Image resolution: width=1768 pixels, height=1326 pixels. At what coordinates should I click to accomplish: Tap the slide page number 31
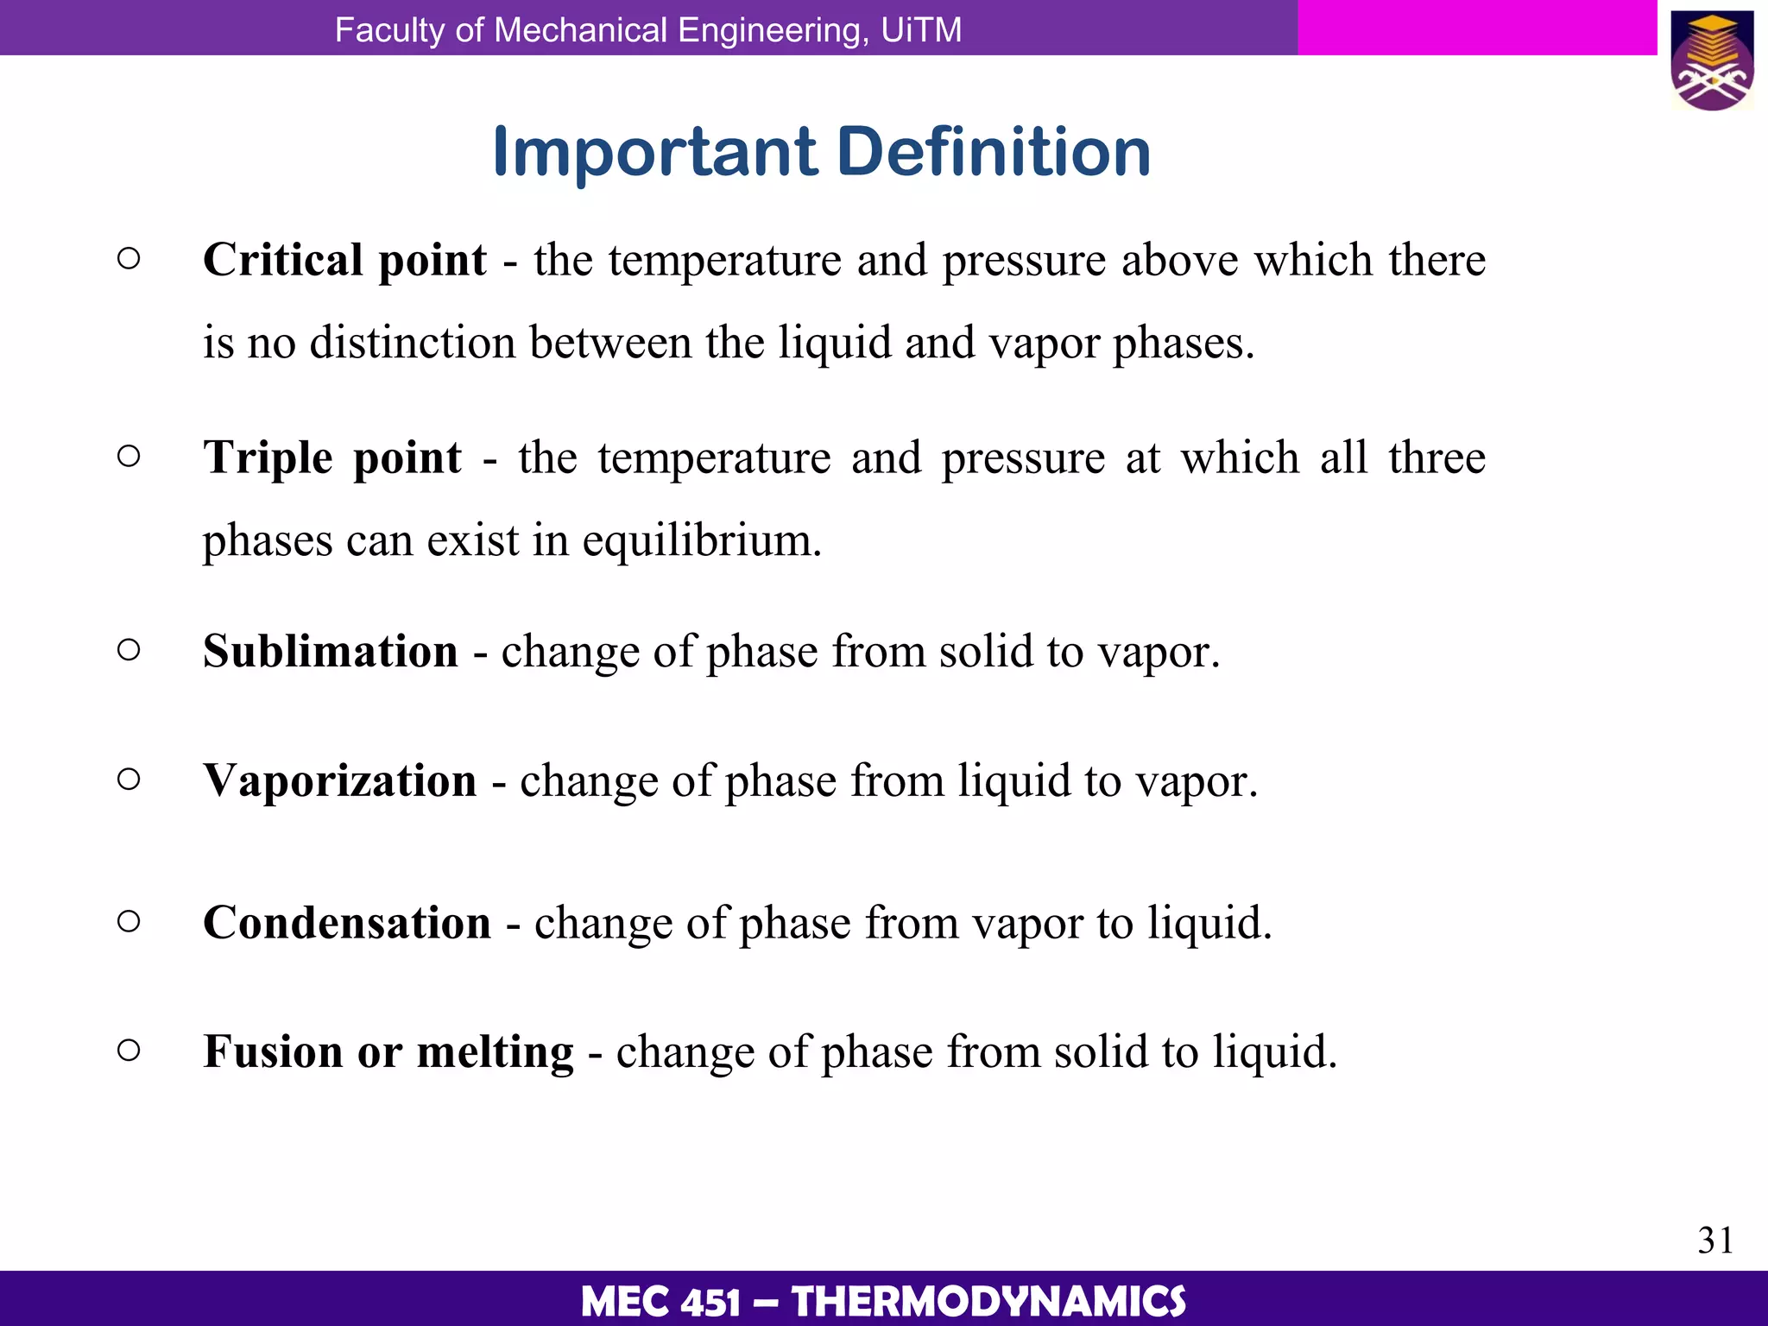click(1715, 1241)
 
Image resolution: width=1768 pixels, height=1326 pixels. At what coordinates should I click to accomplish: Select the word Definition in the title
click(994, 152)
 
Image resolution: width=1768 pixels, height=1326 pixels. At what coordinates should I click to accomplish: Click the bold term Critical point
click(344, 260)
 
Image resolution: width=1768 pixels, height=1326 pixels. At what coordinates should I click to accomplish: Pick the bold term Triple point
click(332, 458)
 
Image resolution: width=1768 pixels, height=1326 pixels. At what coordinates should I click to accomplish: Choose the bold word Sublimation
click(331, 651)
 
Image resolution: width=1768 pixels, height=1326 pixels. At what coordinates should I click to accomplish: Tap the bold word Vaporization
click(340, 780)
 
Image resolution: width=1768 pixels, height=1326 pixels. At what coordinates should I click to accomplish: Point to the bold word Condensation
click(347, 923)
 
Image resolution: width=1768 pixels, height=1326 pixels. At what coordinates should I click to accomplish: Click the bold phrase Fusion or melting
click(388, 1052)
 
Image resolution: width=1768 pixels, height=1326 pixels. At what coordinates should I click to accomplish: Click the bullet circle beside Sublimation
click(129, 649)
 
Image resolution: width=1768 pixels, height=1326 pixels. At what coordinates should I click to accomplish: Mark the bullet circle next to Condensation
click(129, 921)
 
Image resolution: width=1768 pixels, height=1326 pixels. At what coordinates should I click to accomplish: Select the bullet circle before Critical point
click(129, 258)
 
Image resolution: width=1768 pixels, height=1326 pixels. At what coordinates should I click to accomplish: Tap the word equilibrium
click(701, 542)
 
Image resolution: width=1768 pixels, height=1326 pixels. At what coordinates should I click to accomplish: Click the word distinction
click(413, 343)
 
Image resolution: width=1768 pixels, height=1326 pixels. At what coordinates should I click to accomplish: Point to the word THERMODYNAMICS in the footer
click(988, 1302)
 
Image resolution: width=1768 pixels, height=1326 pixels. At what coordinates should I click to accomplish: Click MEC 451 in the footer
click(660, 1302)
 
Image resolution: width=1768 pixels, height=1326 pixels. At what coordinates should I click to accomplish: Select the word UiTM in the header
click(921, 30)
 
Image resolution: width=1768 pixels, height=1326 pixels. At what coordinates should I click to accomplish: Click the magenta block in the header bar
click(1476, 28)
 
